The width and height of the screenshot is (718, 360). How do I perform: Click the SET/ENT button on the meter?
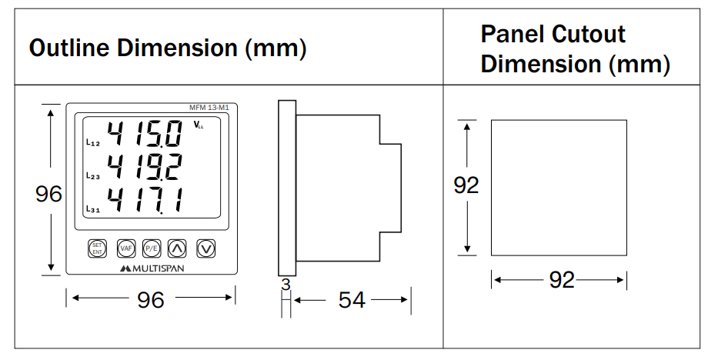click(x=98, y=248)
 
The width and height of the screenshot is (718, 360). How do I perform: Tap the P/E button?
click(x=151, y=248)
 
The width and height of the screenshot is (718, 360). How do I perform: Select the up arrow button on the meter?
click(x=177, y=248)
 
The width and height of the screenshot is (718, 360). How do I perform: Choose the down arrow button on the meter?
click(x=205, y=248)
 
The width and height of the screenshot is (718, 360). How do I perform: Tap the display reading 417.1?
click(x=145, y=200)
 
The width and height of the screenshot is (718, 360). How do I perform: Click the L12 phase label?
click(x=91, y=143)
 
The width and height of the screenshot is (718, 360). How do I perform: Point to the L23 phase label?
click(x=91, y=176)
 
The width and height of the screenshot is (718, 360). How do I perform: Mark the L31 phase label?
click(x=91, y=208)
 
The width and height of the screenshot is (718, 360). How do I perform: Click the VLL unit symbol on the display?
click(x=198, y=125)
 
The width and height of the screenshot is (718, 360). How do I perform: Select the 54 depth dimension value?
click(x=352, y=300)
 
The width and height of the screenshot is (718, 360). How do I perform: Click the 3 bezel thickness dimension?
click(x=286, y=285)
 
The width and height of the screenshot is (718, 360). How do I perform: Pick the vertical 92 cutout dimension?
click(x=466, y=185)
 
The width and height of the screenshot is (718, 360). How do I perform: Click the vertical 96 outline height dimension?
click(x=49, y=194)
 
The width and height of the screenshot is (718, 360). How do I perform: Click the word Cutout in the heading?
click(x=589, y=35)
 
